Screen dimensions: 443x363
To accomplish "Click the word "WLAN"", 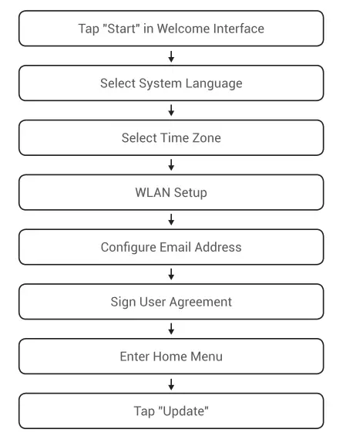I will pyautogui.click(x=151, y=193).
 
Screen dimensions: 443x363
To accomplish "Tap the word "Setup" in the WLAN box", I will pyautogui.click(x=190, y=193).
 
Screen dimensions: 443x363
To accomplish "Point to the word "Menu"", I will pyautogui.click(x=210, y=357).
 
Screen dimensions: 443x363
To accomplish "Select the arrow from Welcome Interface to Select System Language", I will pyautogui.click(x=171, y=57).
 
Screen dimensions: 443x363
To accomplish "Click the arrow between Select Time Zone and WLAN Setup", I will pyautogui.click(x=171, y=166).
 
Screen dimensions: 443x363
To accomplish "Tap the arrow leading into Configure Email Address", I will pyautogui.click(x=171, y=220).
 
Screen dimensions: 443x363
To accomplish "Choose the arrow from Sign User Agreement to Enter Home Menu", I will pyautogui.click(x=171, y=329).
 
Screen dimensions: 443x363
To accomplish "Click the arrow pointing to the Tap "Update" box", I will pyautogui.click(x=171, y=384).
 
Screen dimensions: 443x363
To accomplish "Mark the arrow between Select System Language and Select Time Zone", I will pyautogui.click(x=171, y=111).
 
